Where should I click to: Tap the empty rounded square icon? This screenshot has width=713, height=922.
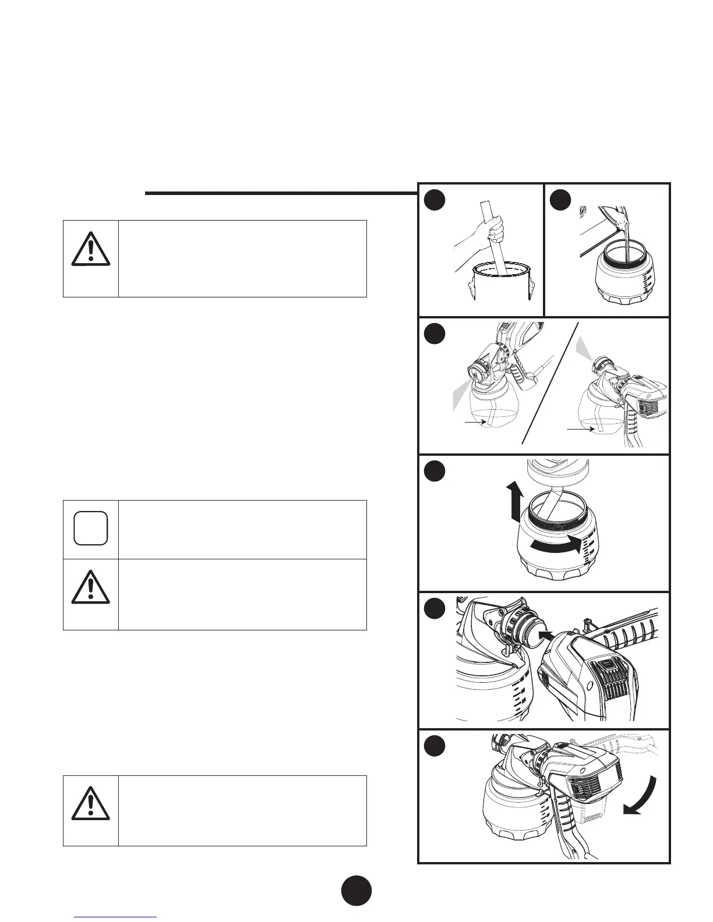[x=91, y=528]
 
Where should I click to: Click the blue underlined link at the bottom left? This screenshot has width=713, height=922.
[x=116, y=917]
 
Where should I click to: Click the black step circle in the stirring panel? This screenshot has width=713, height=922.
[x=434, y=200]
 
